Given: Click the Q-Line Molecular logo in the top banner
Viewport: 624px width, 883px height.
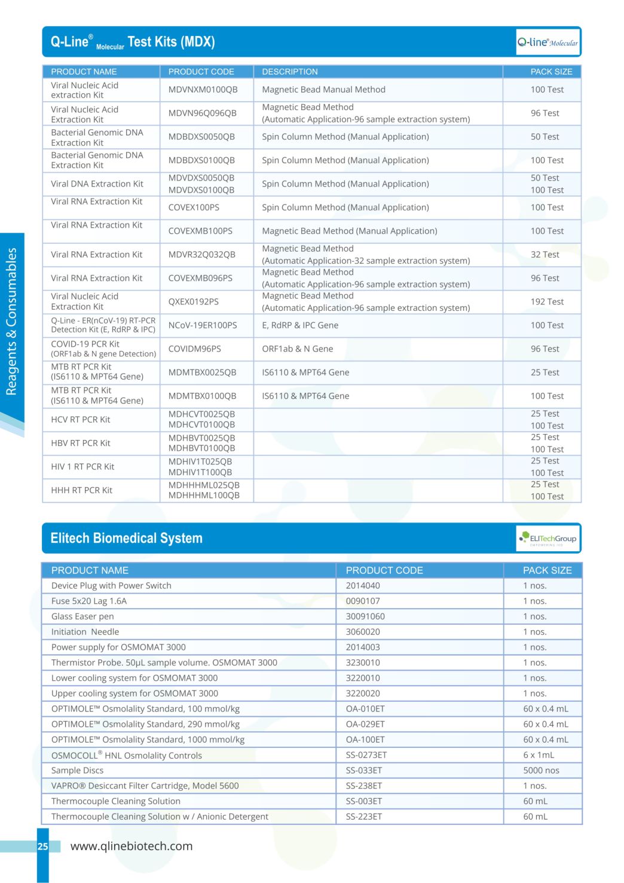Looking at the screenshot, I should pos(547,42).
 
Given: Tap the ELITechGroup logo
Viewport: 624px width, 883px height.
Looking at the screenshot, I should pos(548,538).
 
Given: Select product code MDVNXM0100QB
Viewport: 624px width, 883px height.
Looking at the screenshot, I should pos(203,90).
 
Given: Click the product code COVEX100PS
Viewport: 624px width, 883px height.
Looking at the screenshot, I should pos(194,207).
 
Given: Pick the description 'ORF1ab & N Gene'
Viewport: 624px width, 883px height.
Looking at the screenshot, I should pos(298,349).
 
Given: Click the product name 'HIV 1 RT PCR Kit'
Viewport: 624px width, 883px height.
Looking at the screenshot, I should pos(82,467).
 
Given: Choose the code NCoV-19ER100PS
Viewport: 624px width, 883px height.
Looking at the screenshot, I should pos(203,325).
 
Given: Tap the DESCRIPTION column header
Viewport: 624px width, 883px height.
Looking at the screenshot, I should pos(290,72).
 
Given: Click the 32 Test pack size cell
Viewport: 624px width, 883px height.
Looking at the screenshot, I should pos(545,255).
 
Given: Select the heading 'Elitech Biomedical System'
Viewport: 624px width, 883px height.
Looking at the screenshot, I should pos(127,538).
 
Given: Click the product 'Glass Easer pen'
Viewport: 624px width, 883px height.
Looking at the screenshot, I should pos(82,616).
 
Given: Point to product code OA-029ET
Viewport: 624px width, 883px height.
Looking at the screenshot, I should pos(365,724).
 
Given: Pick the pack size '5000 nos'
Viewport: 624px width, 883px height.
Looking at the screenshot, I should pos(541,771).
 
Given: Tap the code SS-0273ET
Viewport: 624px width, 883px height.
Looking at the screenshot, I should pos(366,755).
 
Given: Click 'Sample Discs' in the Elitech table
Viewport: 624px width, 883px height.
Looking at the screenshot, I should pos(77,771).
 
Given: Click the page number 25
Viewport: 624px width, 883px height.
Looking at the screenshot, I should pos(43,847).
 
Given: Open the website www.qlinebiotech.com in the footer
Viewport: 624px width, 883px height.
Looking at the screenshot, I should pos(131,846).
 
